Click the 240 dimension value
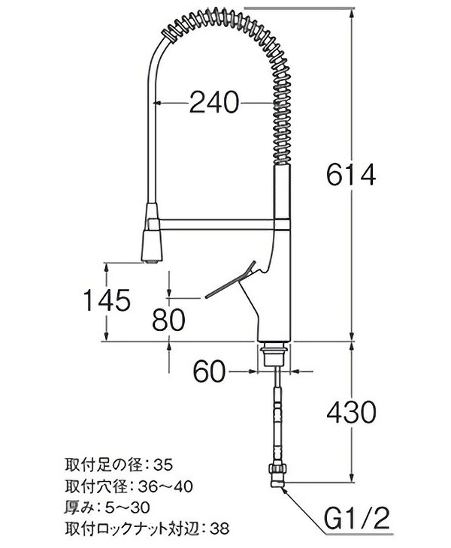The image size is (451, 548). click(x=213, y=102)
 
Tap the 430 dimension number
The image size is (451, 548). click(x=350, y=412)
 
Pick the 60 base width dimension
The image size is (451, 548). click(x=210, y=371)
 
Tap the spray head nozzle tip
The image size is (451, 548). click(x=150, y=260)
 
